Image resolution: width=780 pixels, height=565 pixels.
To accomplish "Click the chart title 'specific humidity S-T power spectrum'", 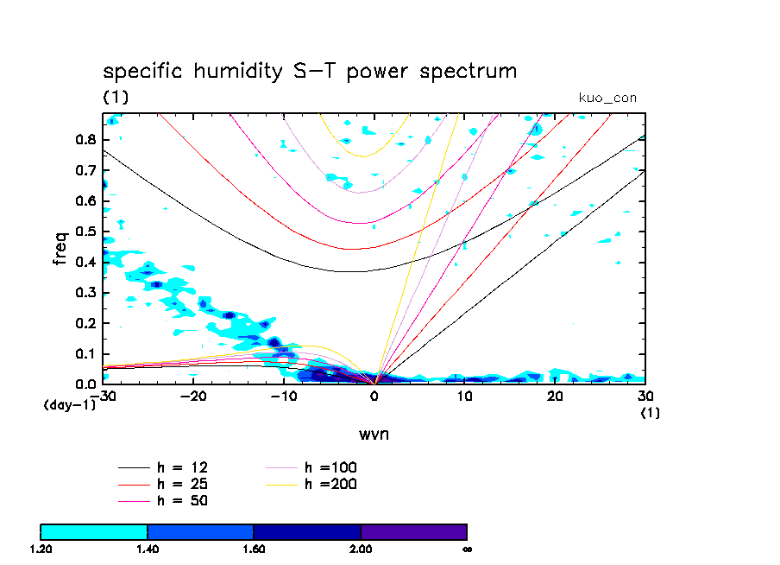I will (310, 71).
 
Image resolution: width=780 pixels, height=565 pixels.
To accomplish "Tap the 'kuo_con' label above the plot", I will (607, 98).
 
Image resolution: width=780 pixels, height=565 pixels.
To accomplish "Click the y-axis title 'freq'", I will (60, 247).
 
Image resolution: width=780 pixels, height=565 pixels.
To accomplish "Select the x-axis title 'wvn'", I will (374, 434).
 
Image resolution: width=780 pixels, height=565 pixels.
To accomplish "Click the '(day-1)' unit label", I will (69, 404).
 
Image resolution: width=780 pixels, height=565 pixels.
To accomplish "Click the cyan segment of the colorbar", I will (94, 531).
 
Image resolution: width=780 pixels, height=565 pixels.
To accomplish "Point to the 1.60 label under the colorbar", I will (254, 549).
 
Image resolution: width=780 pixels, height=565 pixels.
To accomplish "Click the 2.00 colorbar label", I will (361, 549).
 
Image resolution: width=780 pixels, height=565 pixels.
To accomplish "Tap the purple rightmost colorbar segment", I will (413, 531).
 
